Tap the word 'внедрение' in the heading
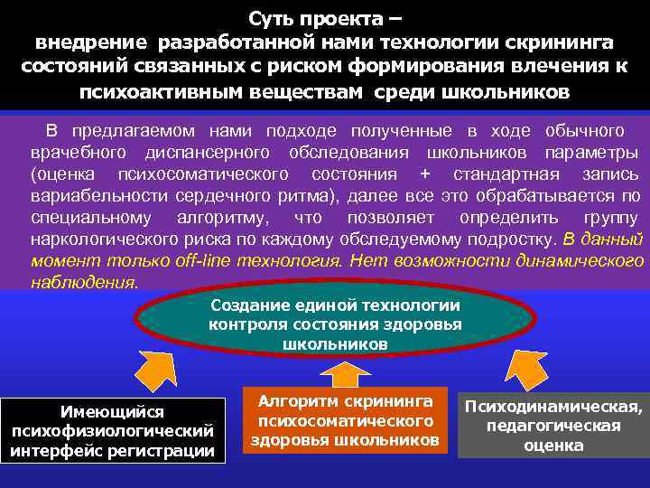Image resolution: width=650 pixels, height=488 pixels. click(x=90, y=42)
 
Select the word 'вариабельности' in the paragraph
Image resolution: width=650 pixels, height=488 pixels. click(x=93, y=196)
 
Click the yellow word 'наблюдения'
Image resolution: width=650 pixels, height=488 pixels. click(x=84, y=281)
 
